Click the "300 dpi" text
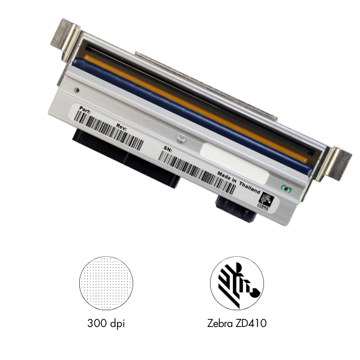pos(106,325)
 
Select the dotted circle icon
pos(106,282)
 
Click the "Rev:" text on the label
pos(122,127)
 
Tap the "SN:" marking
pos(167,146)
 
